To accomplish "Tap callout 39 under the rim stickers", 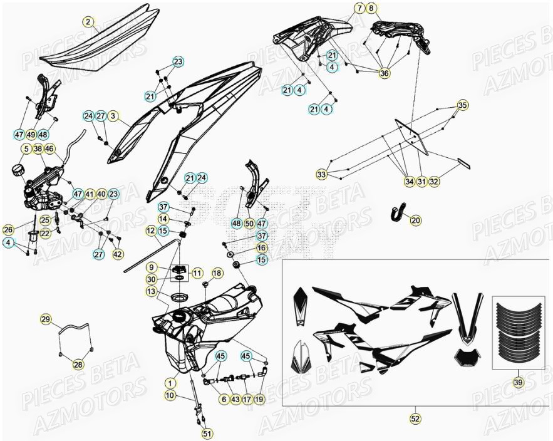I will point(517,383).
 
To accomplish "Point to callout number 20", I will point(416,220).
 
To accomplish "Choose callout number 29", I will point(46,320).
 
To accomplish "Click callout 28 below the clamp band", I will point(78,365).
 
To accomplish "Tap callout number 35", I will point(462,105).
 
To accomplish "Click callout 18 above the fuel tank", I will point(217,273).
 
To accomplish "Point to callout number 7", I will point(359,8).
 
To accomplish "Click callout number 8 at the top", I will point(372,8).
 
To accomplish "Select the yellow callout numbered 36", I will point(384,73).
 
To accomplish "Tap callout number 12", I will point(151,231).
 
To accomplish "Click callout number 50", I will point(249,223).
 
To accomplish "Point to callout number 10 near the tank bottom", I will point(170,395).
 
